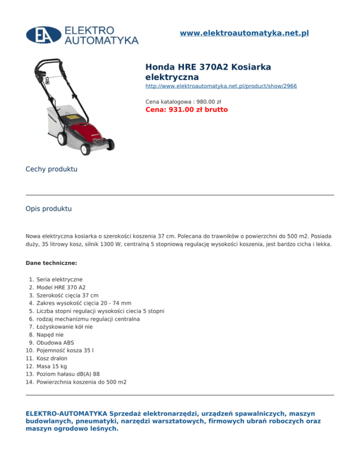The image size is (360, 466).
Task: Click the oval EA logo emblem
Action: (x=44, y=35)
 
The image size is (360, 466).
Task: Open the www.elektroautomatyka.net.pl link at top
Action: (x=244, y=33)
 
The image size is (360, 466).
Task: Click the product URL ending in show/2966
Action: (x=221, y=87)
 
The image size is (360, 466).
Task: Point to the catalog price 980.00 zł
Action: (x=183, y=101)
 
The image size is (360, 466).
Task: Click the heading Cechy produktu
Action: (x=52, y=169)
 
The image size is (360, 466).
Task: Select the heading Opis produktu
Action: (x=49, y=209)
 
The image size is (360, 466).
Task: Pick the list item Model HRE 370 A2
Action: (x=61, y=287)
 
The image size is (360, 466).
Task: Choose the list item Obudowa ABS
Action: (x=55, y=343)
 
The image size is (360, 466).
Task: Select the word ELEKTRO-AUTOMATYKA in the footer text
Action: (x=66, y=413)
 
